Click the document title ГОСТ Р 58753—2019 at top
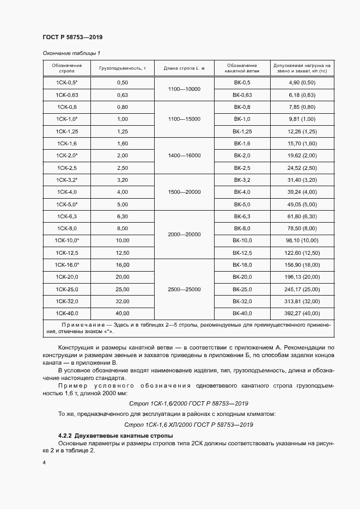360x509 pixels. [x=72, y=37]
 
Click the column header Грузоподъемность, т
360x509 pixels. [x=122, y=68]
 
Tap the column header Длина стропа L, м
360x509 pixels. [x=185, y=68]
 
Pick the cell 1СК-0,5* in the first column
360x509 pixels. [x=67, y=82]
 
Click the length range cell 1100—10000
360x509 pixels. [x=185, y=89]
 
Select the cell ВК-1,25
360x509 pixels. [x=242, y=131]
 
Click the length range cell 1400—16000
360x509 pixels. [x=185, y=156]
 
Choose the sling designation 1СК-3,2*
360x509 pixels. [x=67, y=180]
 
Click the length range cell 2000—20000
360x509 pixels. [x=185, y=234]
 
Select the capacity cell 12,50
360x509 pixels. [x=122, y=253]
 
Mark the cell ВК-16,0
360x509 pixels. [x=242, y=265]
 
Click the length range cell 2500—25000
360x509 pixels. [x=185, y=289]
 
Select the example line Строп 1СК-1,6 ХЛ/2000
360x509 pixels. [x=188, y=424]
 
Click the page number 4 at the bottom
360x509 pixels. [x=44, y=462]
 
